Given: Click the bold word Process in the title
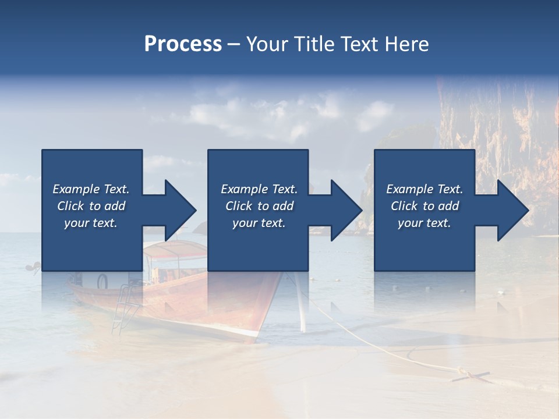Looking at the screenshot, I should click(183, 44).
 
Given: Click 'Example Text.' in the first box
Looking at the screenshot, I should click(91, 189).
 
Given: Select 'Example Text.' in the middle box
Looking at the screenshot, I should click(259, 189).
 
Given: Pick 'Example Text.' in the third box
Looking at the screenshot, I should click(424, 189).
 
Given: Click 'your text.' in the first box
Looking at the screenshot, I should click(91, 223).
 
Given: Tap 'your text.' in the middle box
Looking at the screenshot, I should click(259, 223).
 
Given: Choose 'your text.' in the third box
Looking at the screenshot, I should click(424, 223).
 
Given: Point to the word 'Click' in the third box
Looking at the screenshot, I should click(405, 206).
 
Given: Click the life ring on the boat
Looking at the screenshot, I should click(102, 282).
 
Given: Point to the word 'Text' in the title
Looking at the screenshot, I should click(358, 44).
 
